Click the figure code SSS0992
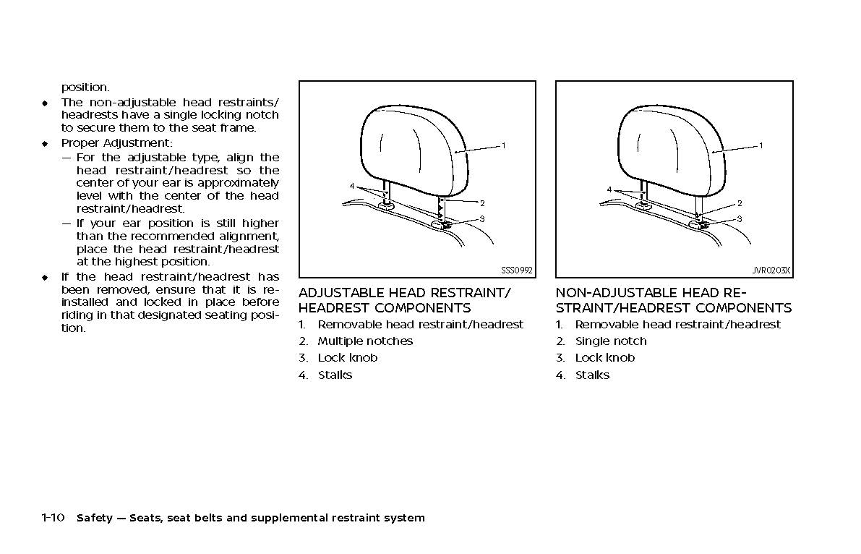516,270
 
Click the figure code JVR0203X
771,270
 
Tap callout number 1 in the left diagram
504,145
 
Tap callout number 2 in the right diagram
740,203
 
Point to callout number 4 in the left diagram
352,187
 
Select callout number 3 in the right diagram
740,218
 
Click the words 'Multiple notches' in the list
365,341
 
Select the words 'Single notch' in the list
611,341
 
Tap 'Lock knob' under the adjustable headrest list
348,358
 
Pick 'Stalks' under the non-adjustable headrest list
592,375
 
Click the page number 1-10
53,518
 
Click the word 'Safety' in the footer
94,518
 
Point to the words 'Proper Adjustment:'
116,143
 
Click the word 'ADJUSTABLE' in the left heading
342,293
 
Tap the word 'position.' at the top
85,88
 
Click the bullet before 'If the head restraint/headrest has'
44,277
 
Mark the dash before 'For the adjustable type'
67,158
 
